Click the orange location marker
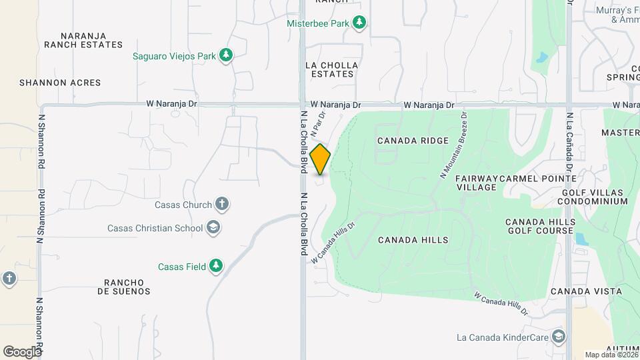(320, 159)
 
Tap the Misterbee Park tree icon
(360, 23)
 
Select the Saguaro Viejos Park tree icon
(226, 56)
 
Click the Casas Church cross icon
(222, 205)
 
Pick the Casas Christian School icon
(213, 228)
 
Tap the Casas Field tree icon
(215, 267)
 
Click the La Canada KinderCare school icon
(559, 337)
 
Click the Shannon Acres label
(60, 83)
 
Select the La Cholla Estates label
(331, 69)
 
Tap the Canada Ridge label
(408, 141)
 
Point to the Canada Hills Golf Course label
(540, 226)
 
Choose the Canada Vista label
(586, 291)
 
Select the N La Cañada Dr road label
(570, 136)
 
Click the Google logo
(22, 351)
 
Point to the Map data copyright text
(611, 355)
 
